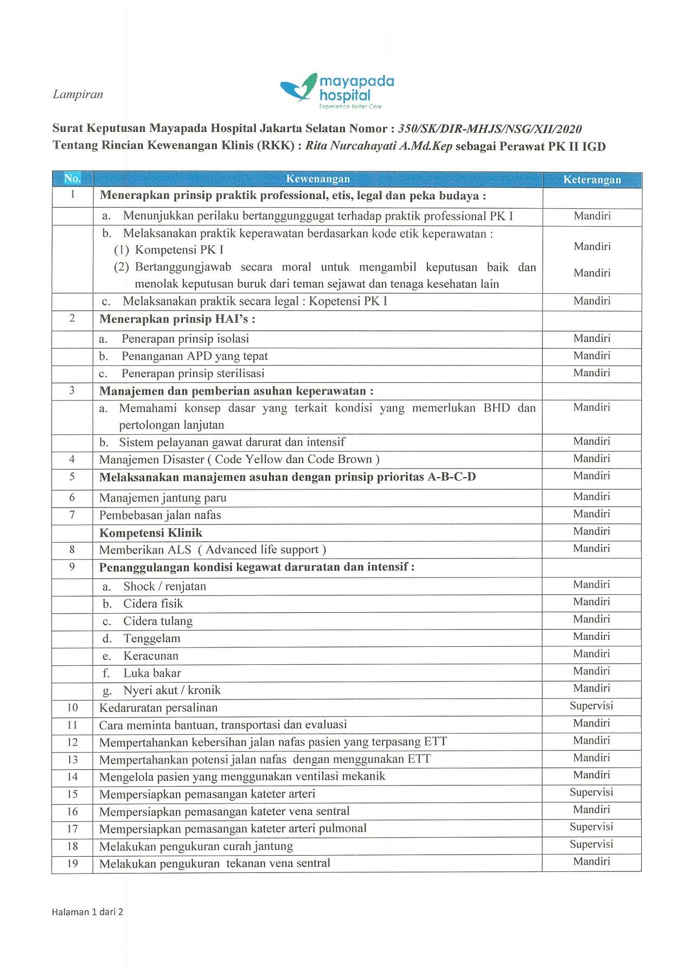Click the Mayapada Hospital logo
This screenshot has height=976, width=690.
coord(337,91)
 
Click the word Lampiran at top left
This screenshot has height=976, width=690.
coord(78,94)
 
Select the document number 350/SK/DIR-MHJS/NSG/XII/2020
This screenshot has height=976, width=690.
coord(490,129)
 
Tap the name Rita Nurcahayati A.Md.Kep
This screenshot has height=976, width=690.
coord(379,146)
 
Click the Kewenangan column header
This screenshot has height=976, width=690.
coord(318,179)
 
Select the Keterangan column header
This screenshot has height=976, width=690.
coord(592,179)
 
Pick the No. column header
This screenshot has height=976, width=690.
coord(72,178)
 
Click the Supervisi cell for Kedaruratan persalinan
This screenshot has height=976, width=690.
coord(591,705)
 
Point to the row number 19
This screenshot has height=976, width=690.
coord(73,863)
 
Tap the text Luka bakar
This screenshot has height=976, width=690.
coord(152,673)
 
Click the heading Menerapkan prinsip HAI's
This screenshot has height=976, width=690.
coord(177,319)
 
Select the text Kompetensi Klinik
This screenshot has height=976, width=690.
coord(150,532)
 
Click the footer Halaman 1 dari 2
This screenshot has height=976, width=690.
coord(87,912)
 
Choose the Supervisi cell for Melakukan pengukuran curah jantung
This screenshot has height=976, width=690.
coord(591,844)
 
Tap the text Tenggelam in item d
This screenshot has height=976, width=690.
coord(152,638)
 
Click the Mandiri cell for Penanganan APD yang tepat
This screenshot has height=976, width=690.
coord(592,356)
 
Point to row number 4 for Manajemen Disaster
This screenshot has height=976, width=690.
coord(72,459)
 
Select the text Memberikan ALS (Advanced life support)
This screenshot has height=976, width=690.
coord(212,550)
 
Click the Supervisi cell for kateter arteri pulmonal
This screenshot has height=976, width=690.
coord(591,826)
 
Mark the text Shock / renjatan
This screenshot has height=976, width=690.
coord(164,586)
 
